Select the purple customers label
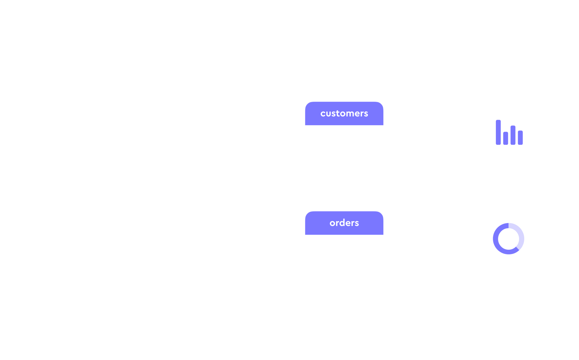(x=344, y=113)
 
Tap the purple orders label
(x=344, y=223)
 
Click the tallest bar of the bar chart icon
(x=498, y=132)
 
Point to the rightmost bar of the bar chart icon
(x=520, y=138)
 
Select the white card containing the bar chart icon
(x=509, y=158)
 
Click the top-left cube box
(x=70, y=90)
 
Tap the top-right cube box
(x=180, y=90)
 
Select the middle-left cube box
(x=70, y=191)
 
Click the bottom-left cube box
(x=70, y=293)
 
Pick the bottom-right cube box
(x=180, y=293)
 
